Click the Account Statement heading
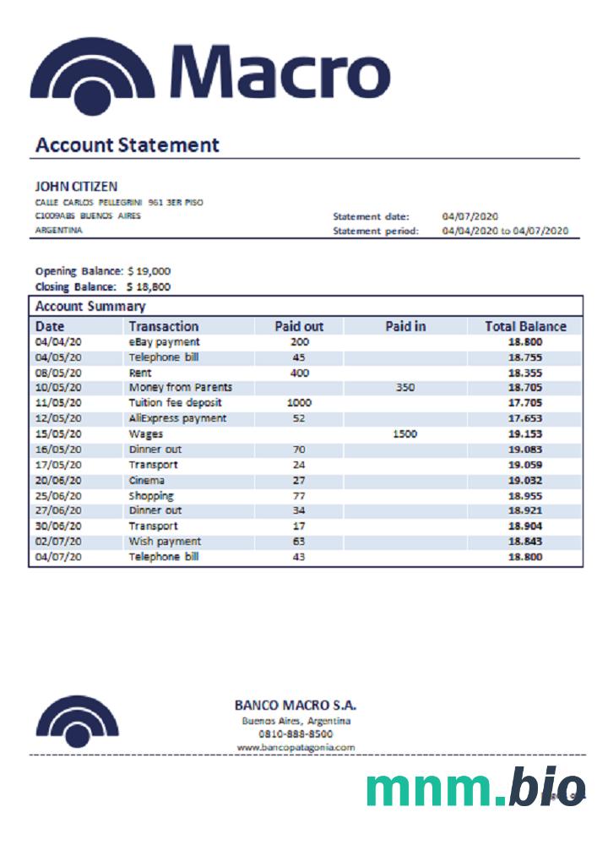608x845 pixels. click(x=127, y=144)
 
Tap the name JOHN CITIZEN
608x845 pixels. click(x=76, y=186)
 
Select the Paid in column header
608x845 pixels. click(x=405, y=326)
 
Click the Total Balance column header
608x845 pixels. click(x=525, y=326)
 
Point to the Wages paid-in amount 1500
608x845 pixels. click(x=405, y=433)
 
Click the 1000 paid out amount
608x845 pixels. click(x=299, y=403)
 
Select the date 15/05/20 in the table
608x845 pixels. click(x=58, y=433)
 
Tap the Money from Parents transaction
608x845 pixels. click(x=180, y=388)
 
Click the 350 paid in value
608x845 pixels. click(x=405, y=388)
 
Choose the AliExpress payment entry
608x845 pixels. click(x=177, y=418)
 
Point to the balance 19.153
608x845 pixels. click(x=525, y=433)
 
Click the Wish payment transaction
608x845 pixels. click(x=165, y=541)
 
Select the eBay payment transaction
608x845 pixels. click(x=164, y=342)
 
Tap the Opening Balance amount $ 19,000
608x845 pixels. click(x=149, y=271)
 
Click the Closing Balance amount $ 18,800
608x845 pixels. click(x=149, y=286)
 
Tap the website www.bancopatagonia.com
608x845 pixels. click(x=296, y=747)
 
